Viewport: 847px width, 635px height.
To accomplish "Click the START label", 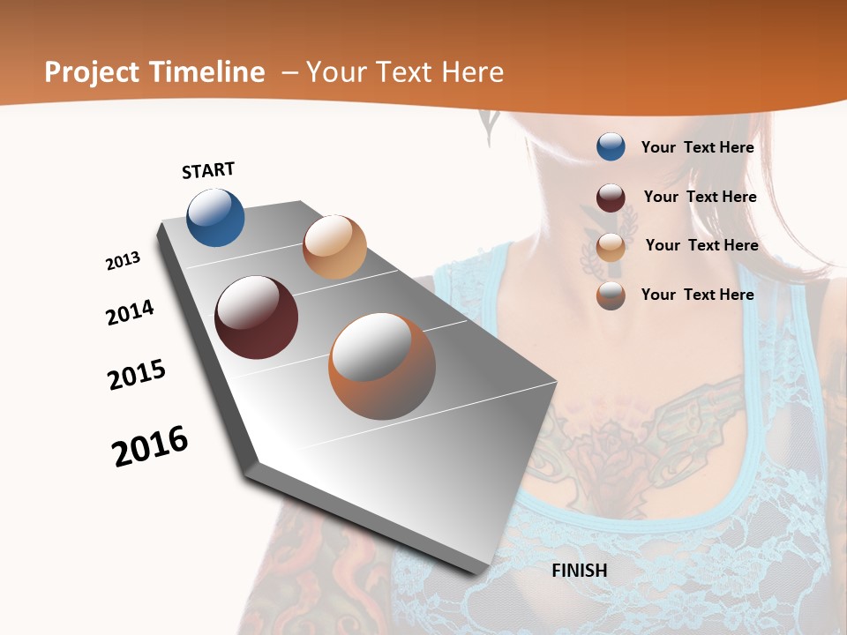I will (x=208, y=169).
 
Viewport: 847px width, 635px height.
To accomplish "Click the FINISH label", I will (x=579, y=571).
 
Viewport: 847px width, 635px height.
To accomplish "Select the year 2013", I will (x=123, y=261).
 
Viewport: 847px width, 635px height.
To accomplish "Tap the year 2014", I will (x=130, y=312).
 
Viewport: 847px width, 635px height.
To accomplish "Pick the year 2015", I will (x=137, y=375).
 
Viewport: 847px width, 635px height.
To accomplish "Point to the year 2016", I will (x=150, y=446).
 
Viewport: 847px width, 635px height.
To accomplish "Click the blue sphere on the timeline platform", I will (x=215, y=217).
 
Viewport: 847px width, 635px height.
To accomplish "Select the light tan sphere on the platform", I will (x=334, y=247).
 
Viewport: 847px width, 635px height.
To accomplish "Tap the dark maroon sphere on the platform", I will (x=257, y=317).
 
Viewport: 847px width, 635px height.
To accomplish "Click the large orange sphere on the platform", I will (x=382, y=366).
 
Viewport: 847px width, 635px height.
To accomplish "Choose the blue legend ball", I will (x=611, y=146).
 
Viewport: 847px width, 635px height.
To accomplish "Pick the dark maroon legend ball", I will (x=611, y=198).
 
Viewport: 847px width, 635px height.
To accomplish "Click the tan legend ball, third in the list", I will (x=611, y=247).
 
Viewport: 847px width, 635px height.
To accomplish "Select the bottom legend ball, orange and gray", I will (x=611, y=295).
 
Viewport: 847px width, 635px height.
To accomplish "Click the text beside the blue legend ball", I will (x=697, y=147).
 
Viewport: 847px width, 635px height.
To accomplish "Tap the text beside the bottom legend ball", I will (x=697, y=295).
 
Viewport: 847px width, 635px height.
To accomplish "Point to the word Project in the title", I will (x=93, y=72).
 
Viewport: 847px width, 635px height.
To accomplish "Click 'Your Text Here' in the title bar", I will (x=405, y=72).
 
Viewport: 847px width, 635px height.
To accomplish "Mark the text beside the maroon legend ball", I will (x=700, y=197).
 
